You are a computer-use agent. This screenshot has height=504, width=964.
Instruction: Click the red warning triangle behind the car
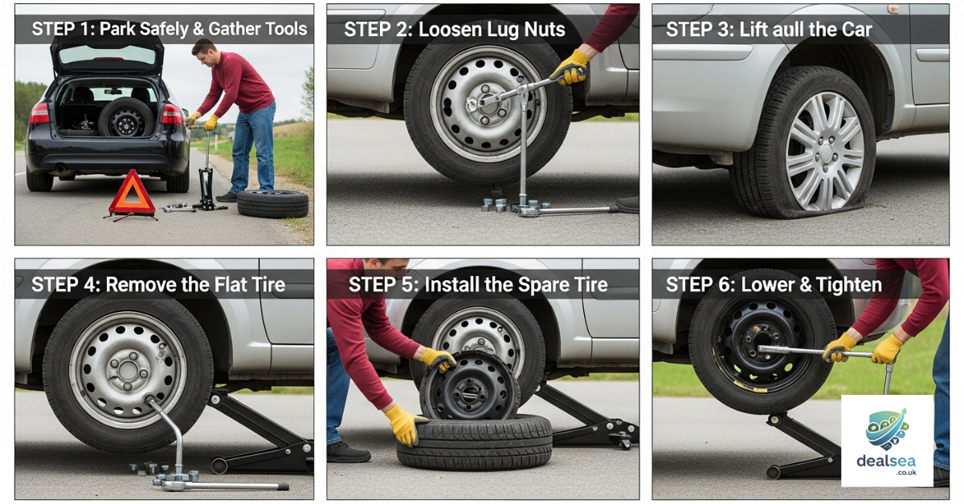[132, 196]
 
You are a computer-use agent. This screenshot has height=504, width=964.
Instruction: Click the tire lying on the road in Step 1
[272, 204]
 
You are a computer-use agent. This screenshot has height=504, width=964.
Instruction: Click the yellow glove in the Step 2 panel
[571, 67]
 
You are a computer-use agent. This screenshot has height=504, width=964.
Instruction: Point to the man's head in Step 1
[204, 53]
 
